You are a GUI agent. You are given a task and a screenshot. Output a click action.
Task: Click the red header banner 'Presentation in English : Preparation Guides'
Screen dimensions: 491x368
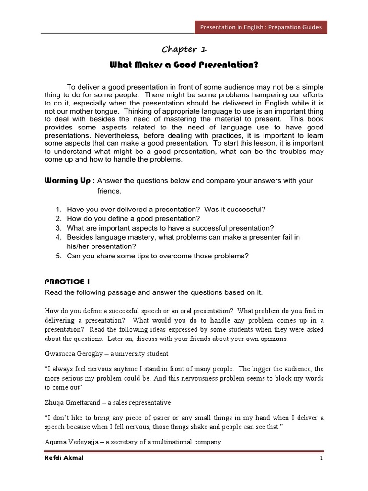[261, 27]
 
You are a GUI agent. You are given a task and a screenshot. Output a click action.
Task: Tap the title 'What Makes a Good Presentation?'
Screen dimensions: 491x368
[184, 65]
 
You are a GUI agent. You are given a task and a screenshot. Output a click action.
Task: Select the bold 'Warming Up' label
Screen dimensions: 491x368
[67, 180]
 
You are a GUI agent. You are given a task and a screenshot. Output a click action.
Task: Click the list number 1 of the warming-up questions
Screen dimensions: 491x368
[58, 209]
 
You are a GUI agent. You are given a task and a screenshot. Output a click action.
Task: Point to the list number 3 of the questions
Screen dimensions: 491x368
[58, 228]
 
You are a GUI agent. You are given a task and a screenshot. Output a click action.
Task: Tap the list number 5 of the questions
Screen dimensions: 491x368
[58, 256]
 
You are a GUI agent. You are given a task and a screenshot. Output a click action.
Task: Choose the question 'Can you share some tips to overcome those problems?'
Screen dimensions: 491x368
[158, 256]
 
